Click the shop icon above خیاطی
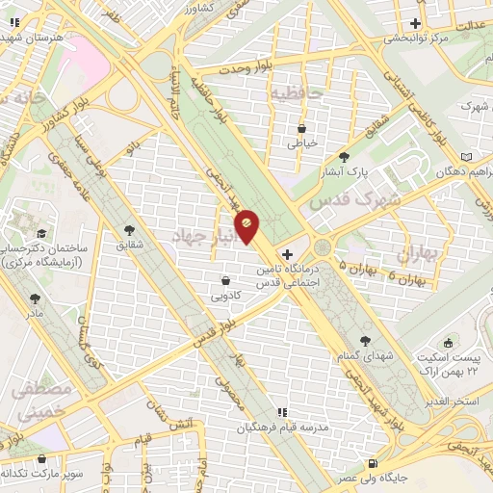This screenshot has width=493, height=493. pos(301,127)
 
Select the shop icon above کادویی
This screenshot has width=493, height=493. pos(225,280)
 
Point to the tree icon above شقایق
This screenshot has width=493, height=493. pos(129,230)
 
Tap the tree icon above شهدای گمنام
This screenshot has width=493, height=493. pos(364,340)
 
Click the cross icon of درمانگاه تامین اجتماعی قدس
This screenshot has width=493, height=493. pos(287,253)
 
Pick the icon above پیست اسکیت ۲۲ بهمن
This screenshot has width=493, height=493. pos(447,344)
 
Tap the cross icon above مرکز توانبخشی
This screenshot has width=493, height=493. pos(416,23)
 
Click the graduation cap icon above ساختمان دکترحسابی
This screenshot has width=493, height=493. pos(41,233)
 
